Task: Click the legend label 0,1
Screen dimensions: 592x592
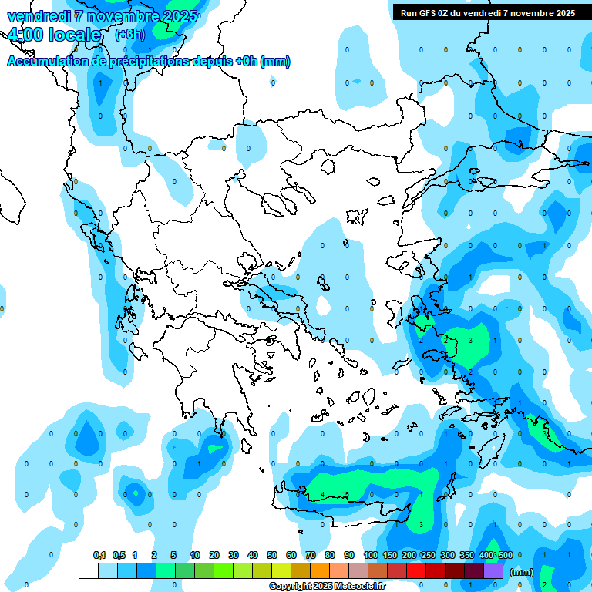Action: (99, 555)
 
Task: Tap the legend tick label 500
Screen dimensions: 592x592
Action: (505, 555)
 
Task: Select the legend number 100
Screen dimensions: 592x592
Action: (371, 555)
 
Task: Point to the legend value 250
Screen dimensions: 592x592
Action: (429, 555)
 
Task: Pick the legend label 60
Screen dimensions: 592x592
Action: (292, 555)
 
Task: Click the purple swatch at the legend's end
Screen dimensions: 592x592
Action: (494, 570)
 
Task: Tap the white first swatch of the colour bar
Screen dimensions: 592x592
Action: (89, 570)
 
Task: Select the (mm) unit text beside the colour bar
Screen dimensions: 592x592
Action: (522, 572)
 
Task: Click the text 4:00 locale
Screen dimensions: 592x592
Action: (54, 35)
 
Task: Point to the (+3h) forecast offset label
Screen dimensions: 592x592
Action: (129, 35)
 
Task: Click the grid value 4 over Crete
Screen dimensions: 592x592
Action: (322, 494)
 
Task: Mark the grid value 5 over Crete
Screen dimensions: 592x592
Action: (347, 494)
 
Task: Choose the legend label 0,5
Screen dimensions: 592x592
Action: (119, 555)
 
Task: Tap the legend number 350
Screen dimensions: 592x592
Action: (467, 555)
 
